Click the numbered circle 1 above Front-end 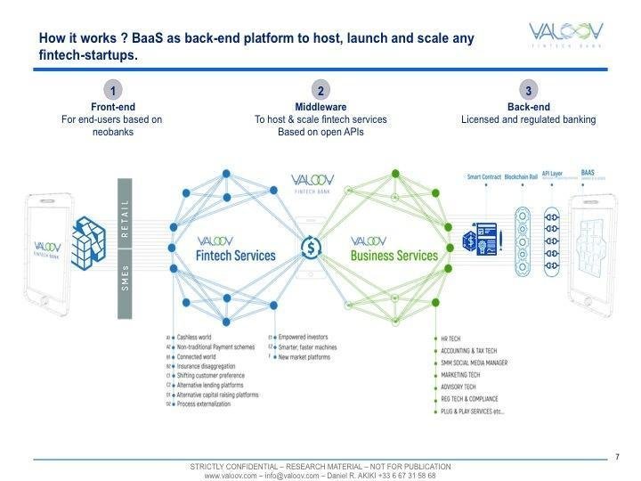pyautogui.click(x=113, y=91)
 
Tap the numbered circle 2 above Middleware pyautogui.click(x=320, y=91)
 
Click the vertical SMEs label pyautogui.click(x=125, y=278)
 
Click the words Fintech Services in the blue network pyautogui.click(x=234, y=256)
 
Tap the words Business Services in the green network pyautogui.click(x=394, y=256)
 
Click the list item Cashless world pyautogui.click(x=200, y=338)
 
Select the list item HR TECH pyautogui.click(x=451, y=339)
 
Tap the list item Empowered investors pyautogui.click(x=305, y=338)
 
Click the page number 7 pyautogui.click(x=617, y=457)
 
